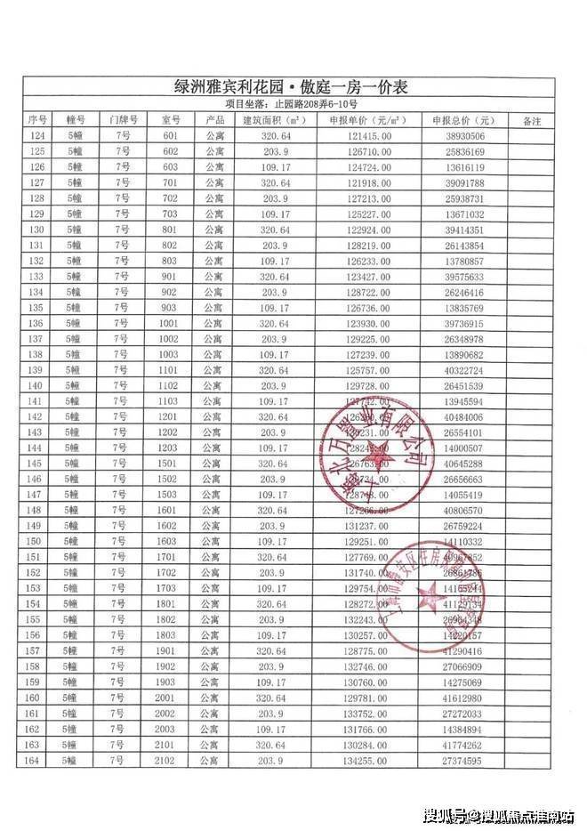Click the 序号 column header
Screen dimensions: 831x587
(x=37, y=120)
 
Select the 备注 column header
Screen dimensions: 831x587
(x=531, y=120)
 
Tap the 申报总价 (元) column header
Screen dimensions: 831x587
(x=462, y=120)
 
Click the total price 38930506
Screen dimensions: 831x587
(x=462, y=136)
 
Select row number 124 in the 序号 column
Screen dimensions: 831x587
(x=37, y=136)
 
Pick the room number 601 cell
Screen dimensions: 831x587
(x=171, y=136)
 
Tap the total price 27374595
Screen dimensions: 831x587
(x=462, y=761)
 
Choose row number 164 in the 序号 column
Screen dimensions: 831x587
(x=37, y=761)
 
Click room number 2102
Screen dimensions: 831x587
(x=171, y=761)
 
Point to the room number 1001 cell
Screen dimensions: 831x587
(x=171, y=323)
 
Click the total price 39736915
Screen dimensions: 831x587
(x=462, y=323)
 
